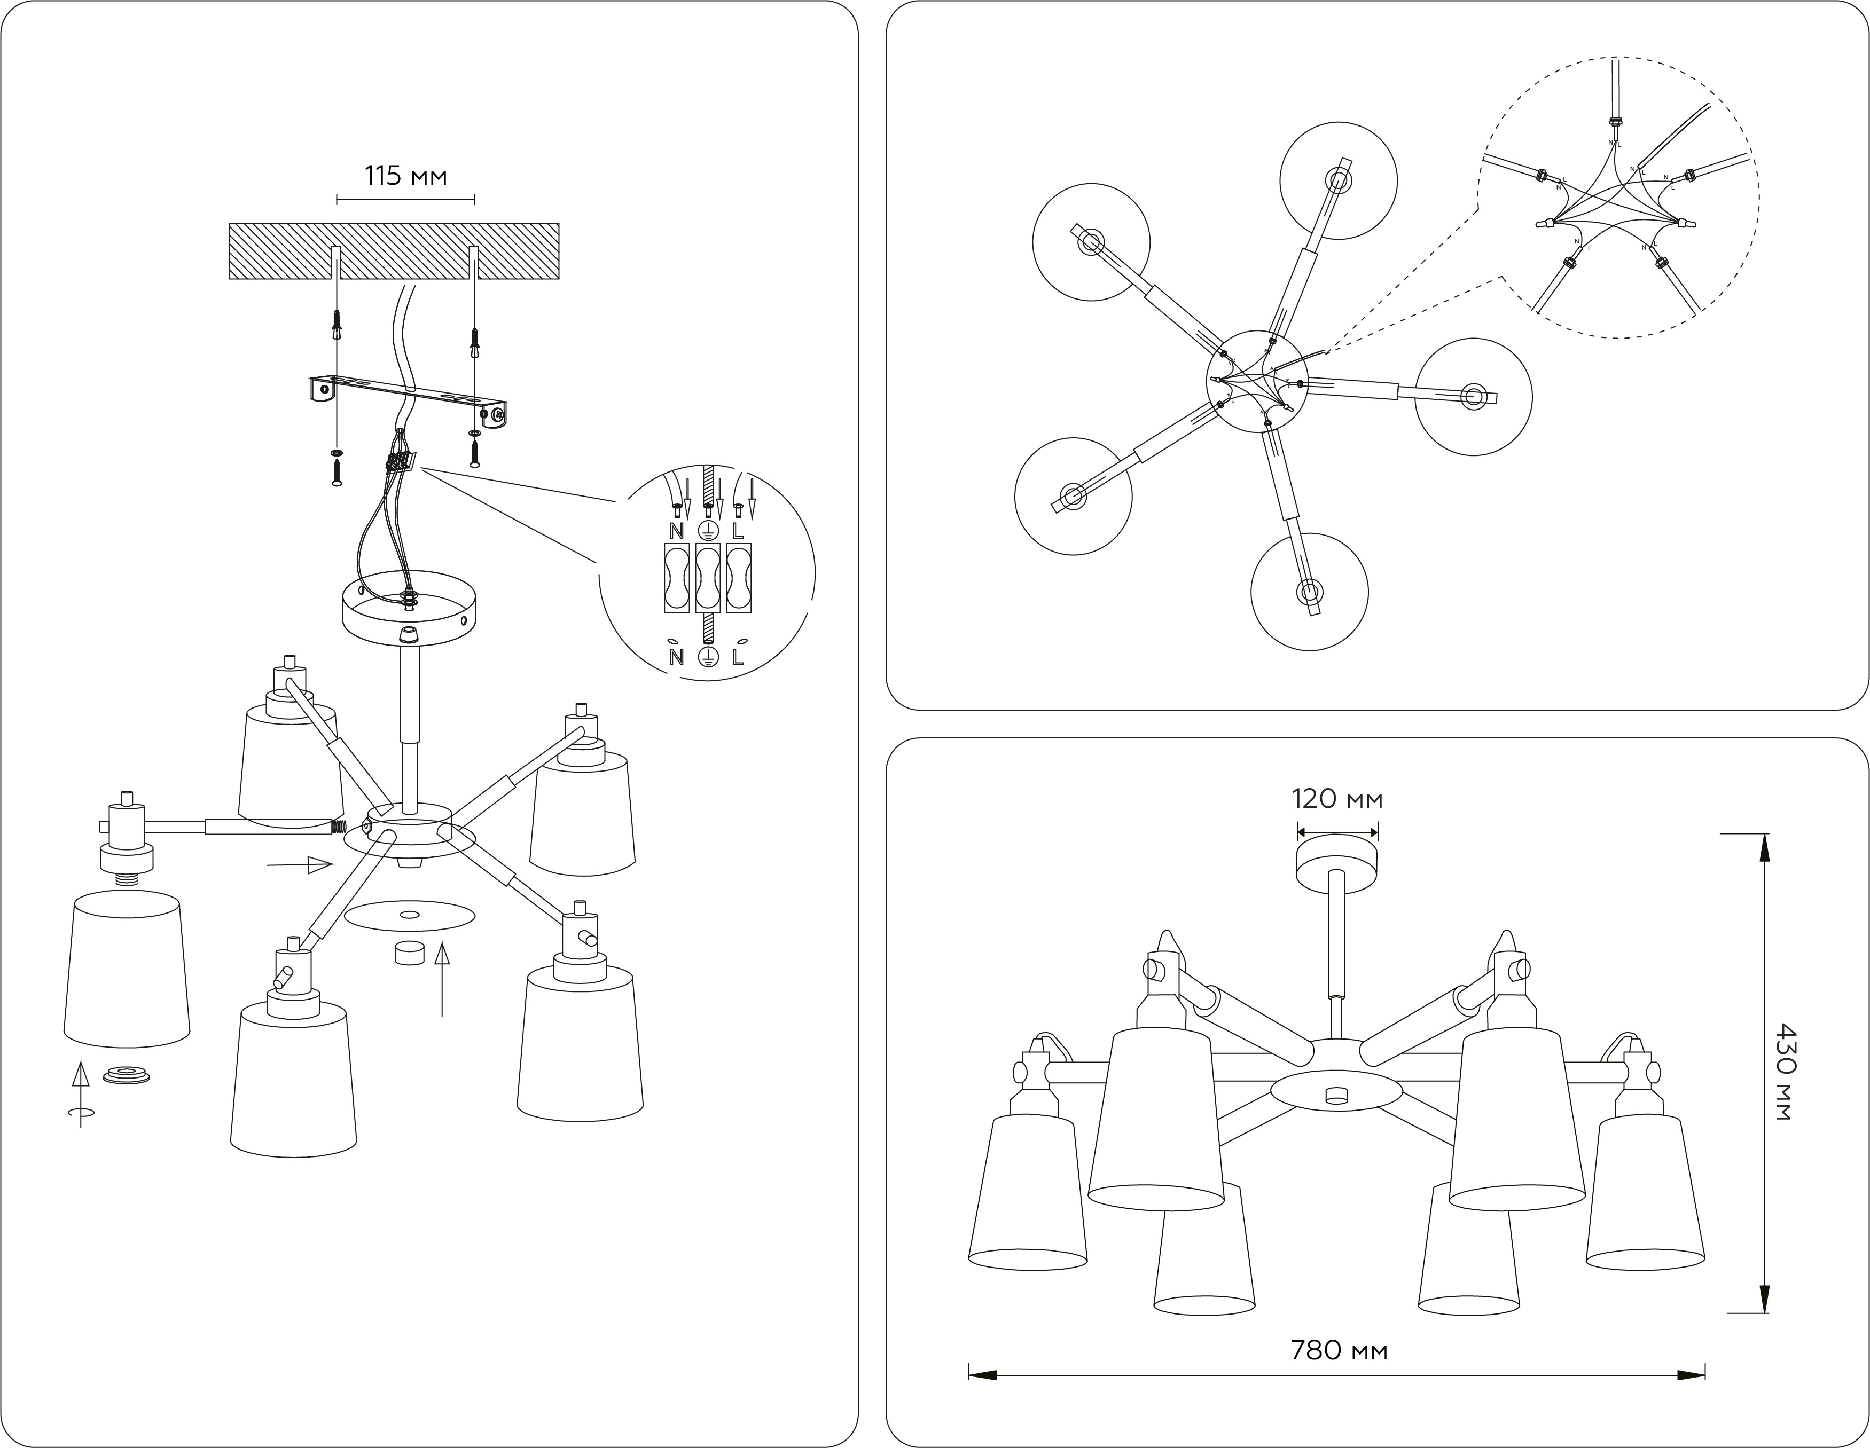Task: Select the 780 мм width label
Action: (1339, 1350)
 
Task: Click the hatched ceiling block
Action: (394, 251)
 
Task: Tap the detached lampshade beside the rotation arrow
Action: (127, 969)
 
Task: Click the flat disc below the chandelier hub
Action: (409, 917)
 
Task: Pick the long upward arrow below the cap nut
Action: (442, 979)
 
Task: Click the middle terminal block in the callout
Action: (707, 579)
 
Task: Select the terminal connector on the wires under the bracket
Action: (400, 462)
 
